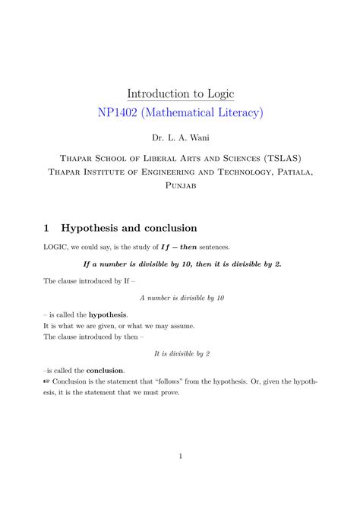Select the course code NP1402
coord(121,113)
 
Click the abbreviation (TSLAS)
coord(282,158)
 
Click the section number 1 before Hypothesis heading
coord(47,228)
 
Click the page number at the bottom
coord(180,456)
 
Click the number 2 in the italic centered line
coord(207,353)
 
